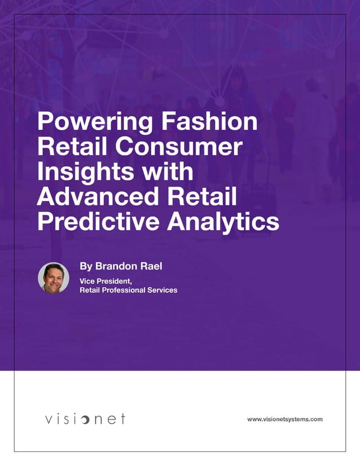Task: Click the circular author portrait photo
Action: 54,278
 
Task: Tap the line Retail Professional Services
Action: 129,290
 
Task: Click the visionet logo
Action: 85,419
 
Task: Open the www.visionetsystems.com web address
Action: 284,419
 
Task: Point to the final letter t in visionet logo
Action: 122,419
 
